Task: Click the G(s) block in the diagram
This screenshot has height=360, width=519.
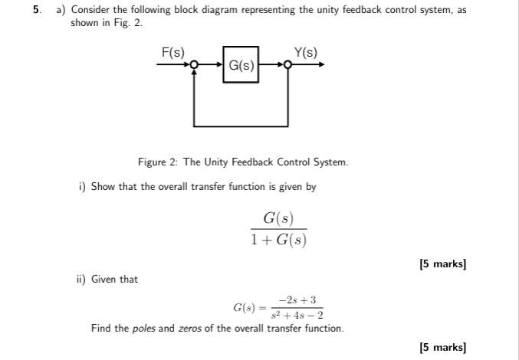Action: coord(241,66)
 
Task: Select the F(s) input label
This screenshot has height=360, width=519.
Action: coord(172,51)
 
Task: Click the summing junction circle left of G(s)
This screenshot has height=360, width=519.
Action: coord(195,66)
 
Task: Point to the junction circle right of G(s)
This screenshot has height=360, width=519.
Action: coord(288,66)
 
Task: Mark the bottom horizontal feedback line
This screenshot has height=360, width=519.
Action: coord(241,125)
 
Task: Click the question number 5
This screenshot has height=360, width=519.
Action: coord(36,10)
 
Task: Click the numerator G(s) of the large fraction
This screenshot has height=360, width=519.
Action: coord(278,218)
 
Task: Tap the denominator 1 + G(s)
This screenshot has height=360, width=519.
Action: coord(278,240)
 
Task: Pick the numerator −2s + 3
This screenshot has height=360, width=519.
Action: coord(297,300)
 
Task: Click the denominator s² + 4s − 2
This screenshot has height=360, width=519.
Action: coord(297,315)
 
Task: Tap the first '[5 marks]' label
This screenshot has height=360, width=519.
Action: coord(442,264)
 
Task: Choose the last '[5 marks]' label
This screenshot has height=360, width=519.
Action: coord(442,347)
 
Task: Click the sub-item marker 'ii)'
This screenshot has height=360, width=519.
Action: coord(80,279)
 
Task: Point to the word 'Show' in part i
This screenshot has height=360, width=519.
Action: coord(103,187)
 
